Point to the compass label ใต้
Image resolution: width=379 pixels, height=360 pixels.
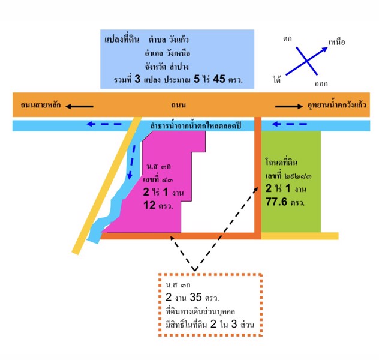(x=278, y=79)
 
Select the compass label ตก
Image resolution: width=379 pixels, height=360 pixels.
(x=287, y=38)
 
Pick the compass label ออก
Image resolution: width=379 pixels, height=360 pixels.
(x=321, y=83)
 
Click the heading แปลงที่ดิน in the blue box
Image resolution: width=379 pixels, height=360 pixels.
(x=124, y=40)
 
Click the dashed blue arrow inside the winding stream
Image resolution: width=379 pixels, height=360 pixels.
(x=130, y=162)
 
